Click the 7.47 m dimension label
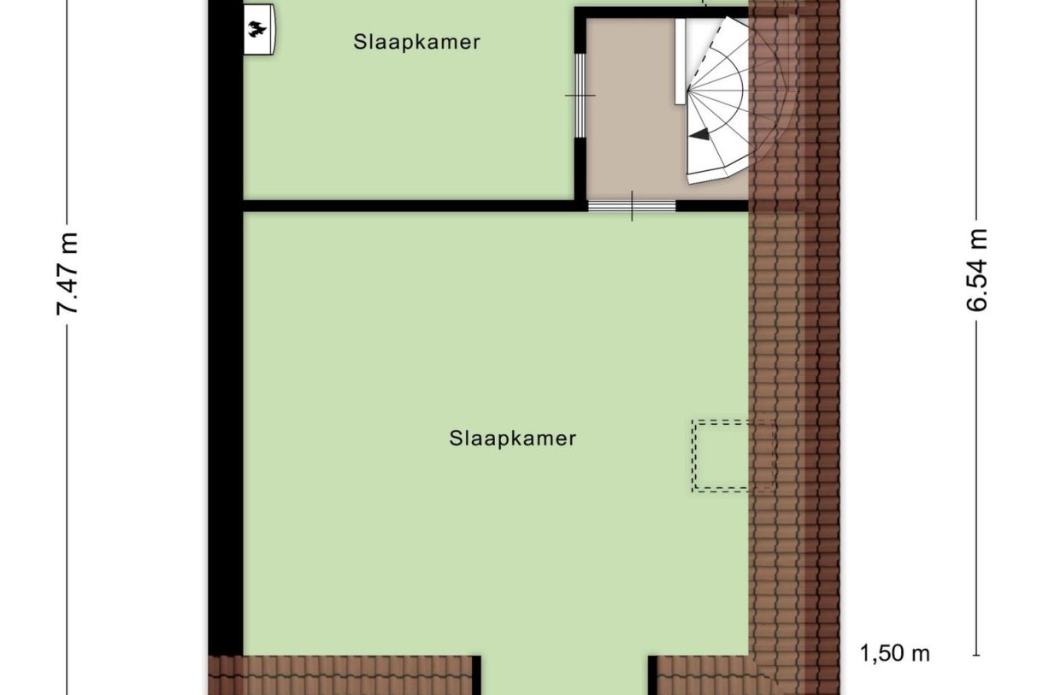[x=68, y=274]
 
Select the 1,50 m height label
[x=894, y=655]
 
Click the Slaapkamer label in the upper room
[x=416, y=42]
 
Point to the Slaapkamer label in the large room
[x=512, y=439]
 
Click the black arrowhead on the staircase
[x=699, y=134]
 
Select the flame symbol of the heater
[x=256, y=31]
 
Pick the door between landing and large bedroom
[x=632, y=205]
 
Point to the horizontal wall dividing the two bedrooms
[x=410, y=205]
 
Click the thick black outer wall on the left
[x=226, y=342]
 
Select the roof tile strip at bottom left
[x=342, y=675]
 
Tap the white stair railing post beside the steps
[x=680, y=60]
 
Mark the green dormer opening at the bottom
[x=564, y=675]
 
